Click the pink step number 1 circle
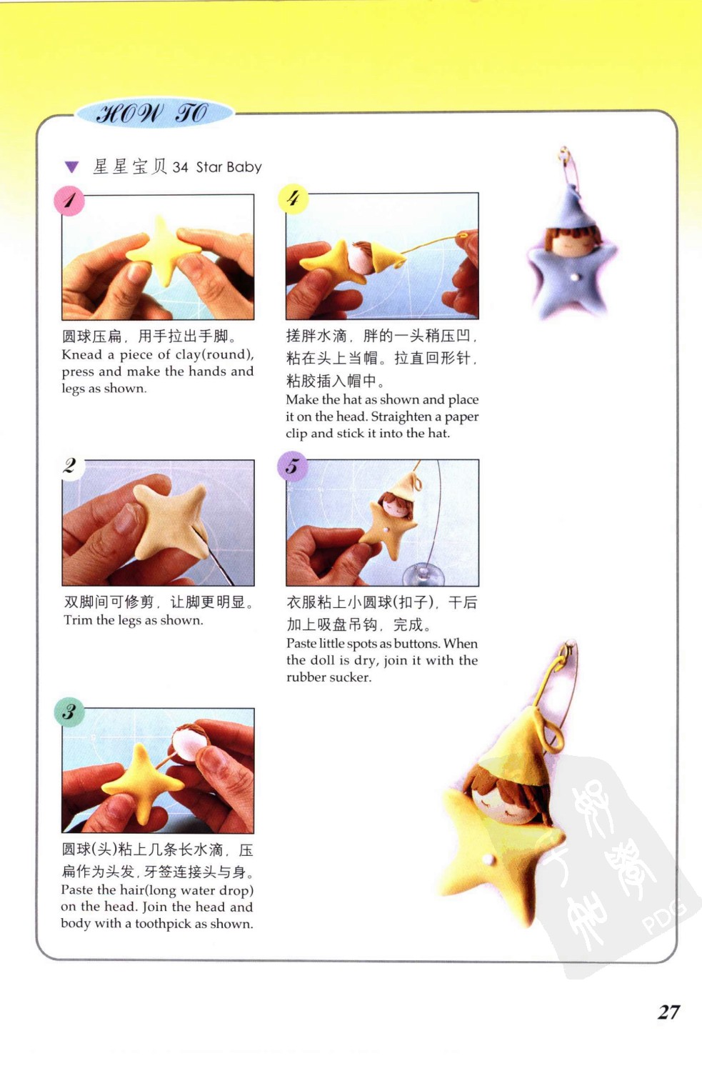tap(69, 201)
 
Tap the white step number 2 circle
tap(70, 466)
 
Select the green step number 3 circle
tap(69, 712)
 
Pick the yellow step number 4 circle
tap(293, 199)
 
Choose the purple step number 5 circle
tap(292, 466)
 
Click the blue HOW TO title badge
tap(154, 114)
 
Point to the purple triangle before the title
tap(71, 167)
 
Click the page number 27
tap(668, 1012)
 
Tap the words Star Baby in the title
tap(229, 167)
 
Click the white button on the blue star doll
tap(574, 278)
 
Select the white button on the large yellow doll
tap(488, 860)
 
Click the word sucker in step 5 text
tap(350, 677)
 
